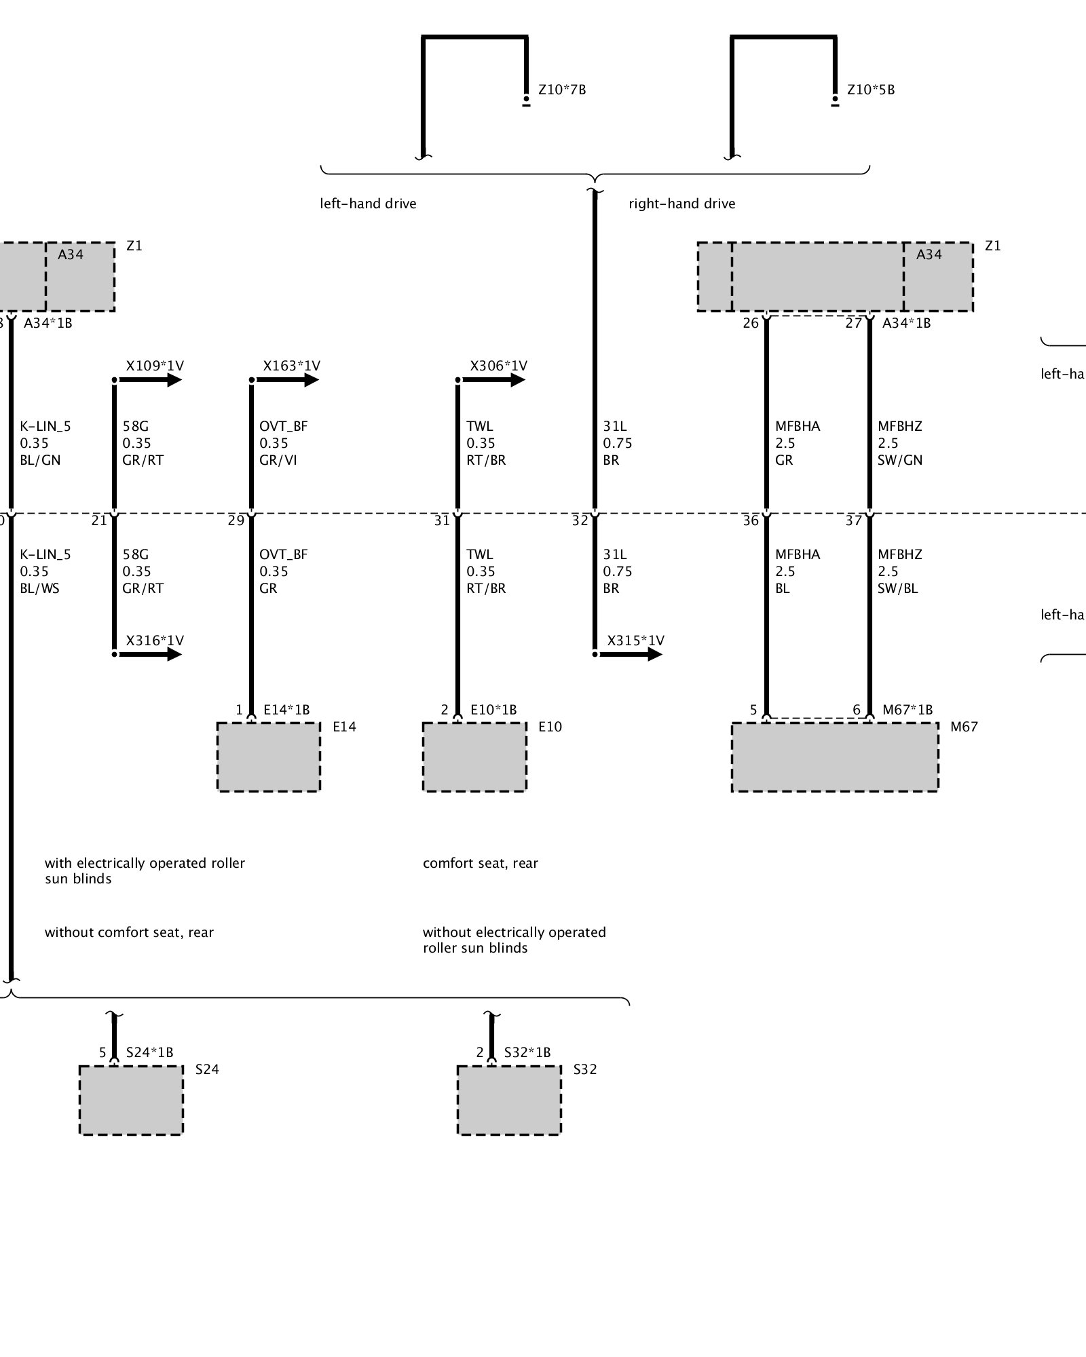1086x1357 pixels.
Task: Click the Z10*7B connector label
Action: (561, 90)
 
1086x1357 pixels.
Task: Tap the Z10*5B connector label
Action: (870, 90)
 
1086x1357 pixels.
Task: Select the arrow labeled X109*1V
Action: (166, 380)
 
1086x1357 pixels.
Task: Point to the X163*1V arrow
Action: (303, 380)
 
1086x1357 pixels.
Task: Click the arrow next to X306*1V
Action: (510, 380)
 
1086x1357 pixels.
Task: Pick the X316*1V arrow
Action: (166, 654)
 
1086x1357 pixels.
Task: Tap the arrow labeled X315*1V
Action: (646, 654)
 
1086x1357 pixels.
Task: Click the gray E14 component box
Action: (268, 757)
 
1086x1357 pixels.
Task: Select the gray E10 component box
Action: (474, 757)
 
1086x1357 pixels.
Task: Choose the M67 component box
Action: (835, 757)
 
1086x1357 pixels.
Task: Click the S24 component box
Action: (131, 1099)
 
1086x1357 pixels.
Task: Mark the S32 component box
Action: (509, 1099)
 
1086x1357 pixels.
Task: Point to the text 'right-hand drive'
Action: (681, 204)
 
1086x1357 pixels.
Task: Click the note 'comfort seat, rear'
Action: (480, 863)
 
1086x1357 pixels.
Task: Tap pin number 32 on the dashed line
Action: (580, 520)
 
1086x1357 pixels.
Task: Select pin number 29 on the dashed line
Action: (236, 520)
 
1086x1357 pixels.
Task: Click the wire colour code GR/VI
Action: (278, 460)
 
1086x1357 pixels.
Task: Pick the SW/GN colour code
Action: (900, 460)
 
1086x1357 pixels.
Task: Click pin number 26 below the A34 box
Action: (750, 323)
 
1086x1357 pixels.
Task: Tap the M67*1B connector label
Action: (907, 710)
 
